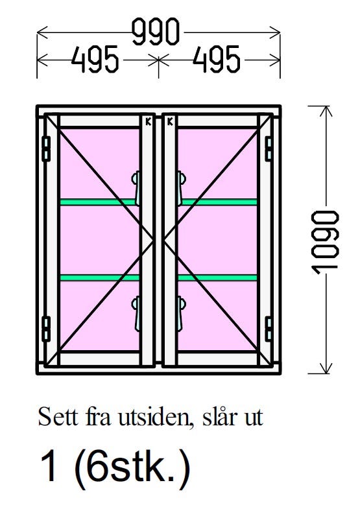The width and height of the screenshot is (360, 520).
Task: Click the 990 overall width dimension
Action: pyautogui.click(x=156, y=32)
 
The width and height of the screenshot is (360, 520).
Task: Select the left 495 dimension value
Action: pyautogui.click(x=95, y=60)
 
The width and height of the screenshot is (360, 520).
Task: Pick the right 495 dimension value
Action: pyautogui.click(x=217, y=60)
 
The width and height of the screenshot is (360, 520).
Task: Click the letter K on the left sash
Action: pyautogui.click(x=148, y=122)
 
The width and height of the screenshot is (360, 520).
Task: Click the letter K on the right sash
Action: pyautogui.click(x=170, y=122)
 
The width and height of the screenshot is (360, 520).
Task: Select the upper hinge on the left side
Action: pyautogui.click(x=46, y=149)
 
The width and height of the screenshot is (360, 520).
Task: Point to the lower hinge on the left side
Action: pyautogui.click(x=46, y=329)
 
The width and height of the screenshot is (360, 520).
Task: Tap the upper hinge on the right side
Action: pyautogui.click(x=269, y=149)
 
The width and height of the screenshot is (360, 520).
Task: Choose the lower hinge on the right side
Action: pyautogui.click(x=269, y=329)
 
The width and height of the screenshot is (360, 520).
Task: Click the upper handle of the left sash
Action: pyautogui.click(x=136, y=188)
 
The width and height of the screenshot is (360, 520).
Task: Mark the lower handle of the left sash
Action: pyautogui.click(x=136, y=314)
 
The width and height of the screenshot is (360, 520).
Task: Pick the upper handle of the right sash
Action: pyautogui.click(x=181, y=188)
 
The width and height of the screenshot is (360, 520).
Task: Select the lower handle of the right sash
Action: pyautogui.click(x=181, y=314)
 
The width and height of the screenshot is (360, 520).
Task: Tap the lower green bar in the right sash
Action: pyautogui.click(x=218, y=278)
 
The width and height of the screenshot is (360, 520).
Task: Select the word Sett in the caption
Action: pyautogui.click(x=59, y=417)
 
